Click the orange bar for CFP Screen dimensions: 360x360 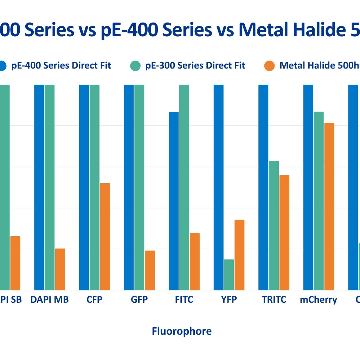(105, 236)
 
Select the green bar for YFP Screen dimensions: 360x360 (229, 275)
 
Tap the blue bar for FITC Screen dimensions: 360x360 (174, 201)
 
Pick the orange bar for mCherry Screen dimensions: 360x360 (329, 206)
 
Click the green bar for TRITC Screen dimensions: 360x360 (274, 225)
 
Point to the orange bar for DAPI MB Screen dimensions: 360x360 (60, 269)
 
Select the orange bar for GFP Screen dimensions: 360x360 (150, 270)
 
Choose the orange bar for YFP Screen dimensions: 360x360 (239, 255)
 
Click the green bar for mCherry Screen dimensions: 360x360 (319, 201)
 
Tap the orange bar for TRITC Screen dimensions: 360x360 (284, 232)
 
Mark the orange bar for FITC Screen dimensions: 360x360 (195, 261)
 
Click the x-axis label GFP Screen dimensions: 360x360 (139, 300)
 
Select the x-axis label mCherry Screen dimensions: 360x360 (319, 300)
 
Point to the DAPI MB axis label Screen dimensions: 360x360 (50, 300)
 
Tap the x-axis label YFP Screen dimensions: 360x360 (229, 300)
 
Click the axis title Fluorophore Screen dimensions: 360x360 (182, 331)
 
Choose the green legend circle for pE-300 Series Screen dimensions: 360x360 (135, 66)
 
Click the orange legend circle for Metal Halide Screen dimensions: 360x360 (269, 66)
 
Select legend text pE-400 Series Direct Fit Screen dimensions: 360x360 (61, 65)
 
